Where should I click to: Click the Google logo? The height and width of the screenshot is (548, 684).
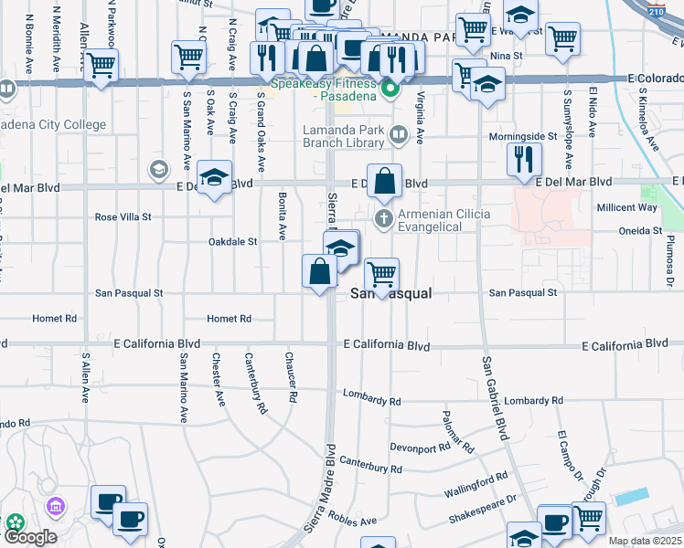(30, 536)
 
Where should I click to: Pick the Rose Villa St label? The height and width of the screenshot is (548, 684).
(123, 217)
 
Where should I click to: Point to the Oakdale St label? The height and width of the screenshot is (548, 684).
(233, 242)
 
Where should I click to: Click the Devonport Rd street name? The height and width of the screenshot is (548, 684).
(421, 448)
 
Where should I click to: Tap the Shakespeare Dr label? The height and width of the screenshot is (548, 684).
(482, 511)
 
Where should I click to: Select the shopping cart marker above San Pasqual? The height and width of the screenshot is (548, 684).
(380, 275)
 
